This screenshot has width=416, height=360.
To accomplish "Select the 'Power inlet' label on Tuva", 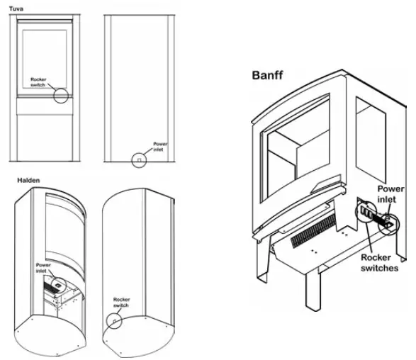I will [161, 147].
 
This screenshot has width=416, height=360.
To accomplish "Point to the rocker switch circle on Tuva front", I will [62, 95].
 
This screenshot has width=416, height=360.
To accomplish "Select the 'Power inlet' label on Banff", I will [390, 194].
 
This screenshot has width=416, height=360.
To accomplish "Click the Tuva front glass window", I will [45, 57].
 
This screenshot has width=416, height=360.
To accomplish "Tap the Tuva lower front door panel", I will [45, 135].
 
